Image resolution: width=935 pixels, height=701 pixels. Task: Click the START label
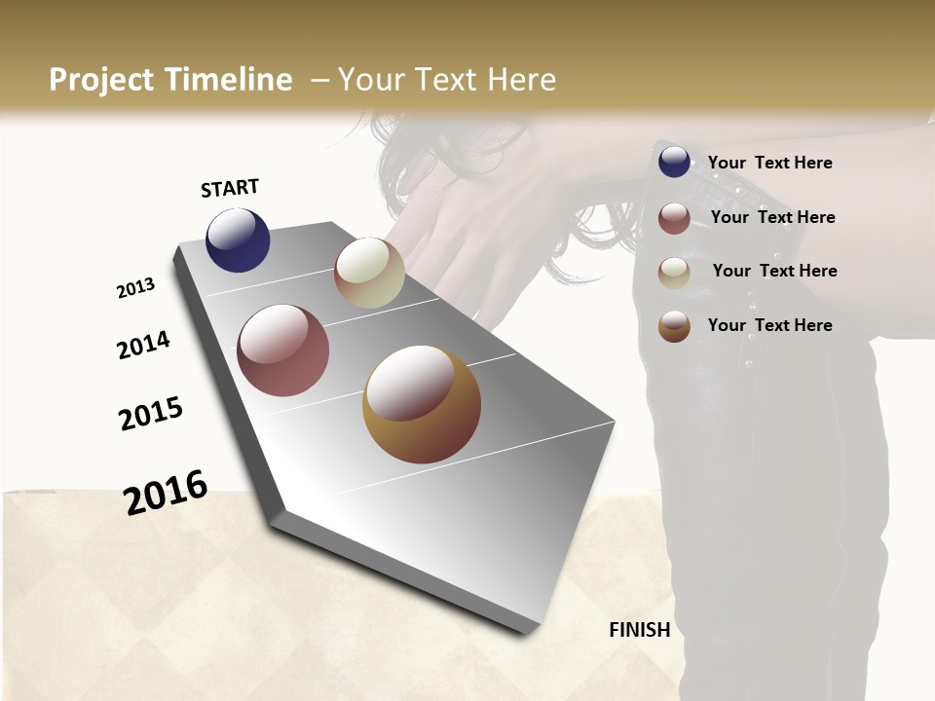click(x=230, y=188)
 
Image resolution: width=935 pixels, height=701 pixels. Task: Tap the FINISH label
click(x=640, y=630)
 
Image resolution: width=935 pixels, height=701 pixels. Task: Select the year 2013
click(x=136, y=288)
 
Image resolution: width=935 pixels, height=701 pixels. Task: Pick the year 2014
click(x=144, y=345)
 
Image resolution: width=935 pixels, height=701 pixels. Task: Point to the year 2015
click(x=151, y=414)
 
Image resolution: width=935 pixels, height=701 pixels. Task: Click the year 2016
click(x=166, y=492)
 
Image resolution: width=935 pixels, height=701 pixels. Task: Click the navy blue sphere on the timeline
click(x=238, y=240)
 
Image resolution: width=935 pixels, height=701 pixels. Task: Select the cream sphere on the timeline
click(x=369, y=273)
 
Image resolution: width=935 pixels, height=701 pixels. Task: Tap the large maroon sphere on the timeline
click(x=282, y=350)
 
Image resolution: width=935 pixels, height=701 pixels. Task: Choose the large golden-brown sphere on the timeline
click(x=422, y=404)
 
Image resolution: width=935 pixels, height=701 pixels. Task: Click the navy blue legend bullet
click(x=674, y=163)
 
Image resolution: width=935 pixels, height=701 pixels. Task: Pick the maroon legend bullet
click(x=674, y=218)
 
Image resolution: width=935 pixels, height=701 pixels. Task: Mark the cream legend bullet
click(x=674, y=272)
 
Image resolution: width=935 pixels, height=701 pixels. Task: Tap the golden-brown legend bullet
click(x=674, y=326)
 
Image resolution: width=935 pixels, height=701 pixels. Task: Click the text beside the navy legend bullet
click(x=769, y=163)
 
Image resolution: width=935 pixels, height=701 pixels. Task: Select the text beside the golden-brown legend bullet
click(x=769, y=325)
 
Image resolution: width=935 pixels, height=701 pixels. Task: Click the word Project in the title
click(x=101, y=80)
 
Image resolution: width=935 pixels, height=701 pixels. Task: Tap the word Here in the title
click(x=521, y=80)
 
